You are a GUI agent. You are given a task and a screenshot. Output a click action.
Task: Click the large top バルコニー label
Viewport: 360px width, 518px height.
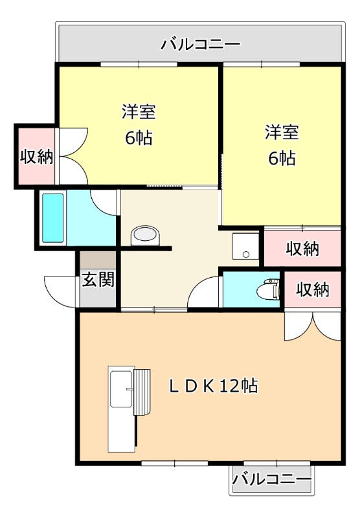[201, 44]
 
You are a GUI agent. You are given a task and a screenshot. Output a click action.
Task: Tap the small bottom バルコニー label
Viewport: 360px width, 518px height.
[272, 479]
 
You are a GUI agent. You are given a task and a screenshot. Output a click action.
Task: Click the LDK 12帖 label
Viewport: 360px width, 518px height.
[214, 385]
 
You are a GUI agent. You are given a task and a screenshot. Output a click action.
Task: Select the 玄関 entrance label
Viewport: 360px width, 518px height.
[98, 280]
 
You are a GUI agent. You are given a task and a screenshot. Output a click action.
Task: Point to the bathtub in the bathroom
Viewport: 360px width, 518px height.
[53, 218]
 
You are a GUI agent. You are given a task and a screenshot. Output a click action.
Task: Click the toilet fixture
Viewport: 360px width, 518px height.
[268, 288]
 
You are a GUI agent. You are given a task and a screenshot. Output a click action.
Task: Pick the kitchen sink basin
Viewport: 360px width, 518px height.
[121, 388]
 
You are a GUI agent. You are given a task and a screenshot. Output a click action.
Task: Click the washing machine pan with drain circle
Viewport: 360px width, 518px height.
[245, 246]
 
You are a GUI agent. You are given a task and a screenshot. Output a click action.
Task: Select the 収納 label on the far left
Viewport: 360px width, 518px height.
[37, 156]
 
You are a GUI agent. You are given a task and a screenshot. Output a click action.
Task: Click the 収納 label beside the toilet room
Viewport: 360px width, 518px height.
[313, 289]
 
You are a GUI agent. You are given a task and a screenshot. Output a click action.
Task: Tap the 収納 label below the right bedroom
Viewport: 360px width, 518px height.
[302, 249]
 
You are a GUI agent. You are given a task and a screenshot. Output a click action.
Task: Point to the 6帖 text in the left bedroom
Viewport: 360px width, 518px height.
[139, 138]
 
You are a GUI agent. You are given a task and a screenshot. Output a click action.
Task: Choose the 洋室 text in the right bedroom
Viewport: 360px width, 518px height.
[282, 132]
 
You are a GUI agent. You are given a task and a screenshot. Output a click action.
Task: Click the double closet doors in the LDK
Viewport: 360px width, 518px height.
[313, 326]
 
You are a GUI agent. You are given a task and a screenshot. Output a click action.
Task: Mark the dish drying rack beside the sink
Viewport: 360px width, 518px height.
[142, 392]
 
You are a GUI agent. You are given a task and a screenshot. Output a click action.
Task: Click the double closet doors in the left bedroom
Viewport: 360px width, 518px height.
[73, 156]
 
